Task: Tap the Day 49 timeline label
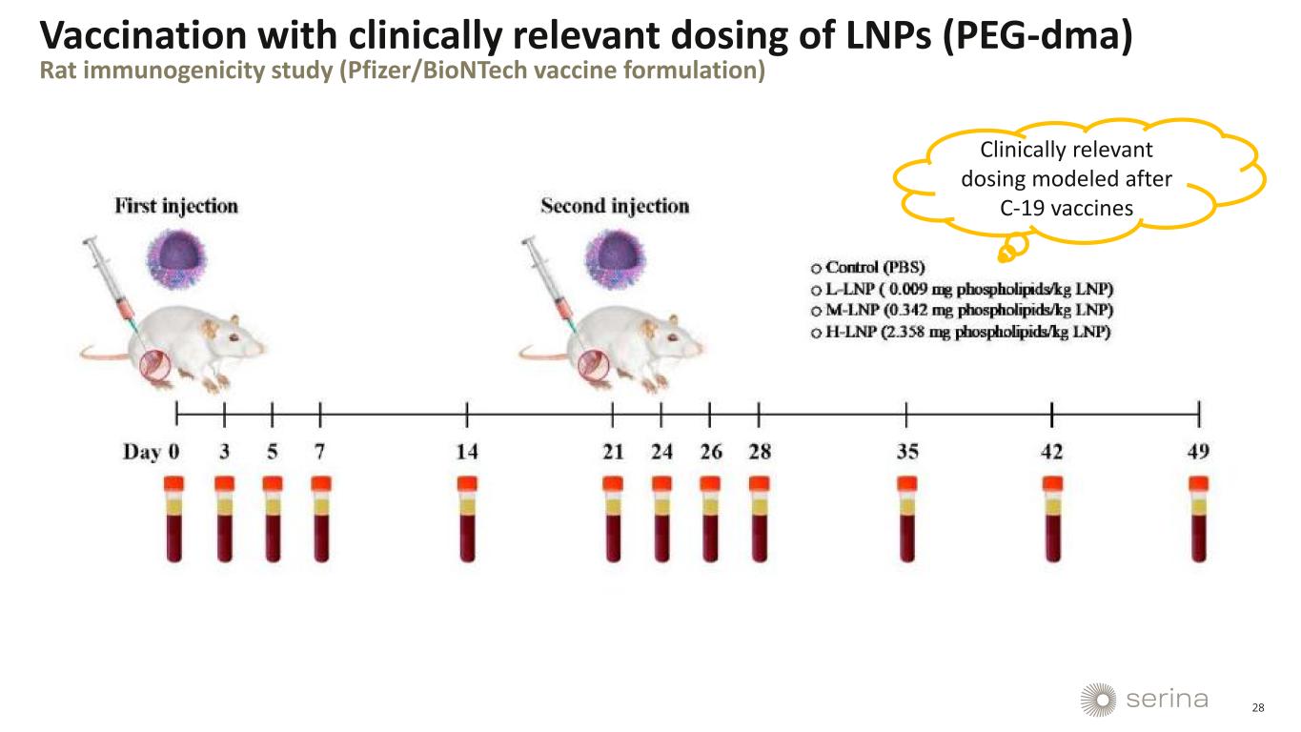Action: pyautogui.click(x=1198, y=452)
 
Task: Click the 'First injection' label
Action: pyautogui.click(x=176, y=206)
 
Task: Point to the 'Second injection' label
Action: pyautogui.click(x=615, y=206)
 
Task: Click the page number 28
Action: pyautogui.click(x=1258, y=707)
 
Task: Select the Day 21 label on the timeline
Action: pyautogui.click(x=612, y=452)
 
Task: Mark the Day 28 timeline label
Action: pyautogui.click(x=760, y=452)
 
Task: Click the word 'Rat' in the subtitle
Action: pyautogui.click(x=56, y=72)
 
